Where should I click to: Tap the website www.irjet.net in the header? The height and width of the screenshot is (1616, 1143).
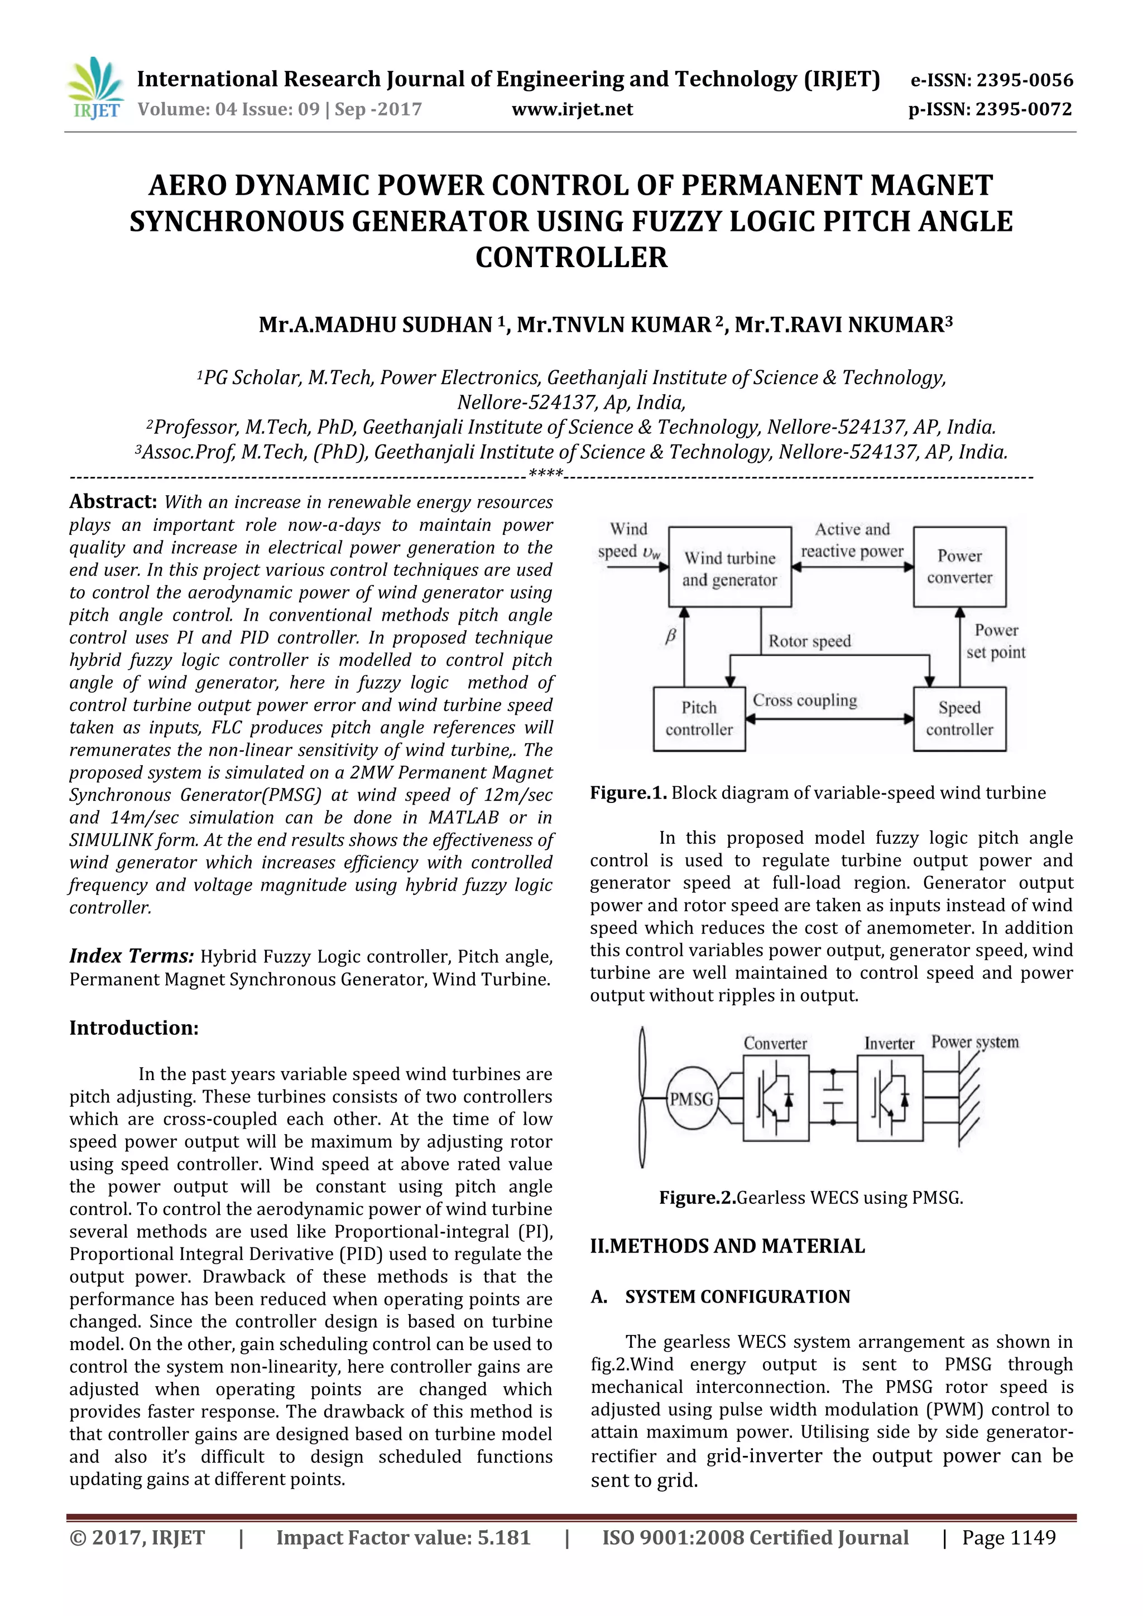pyautogui.click(x=572, y=109)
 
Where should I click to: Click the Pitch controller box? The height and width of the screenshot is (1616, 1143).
pyautogui.click(x=699, y=719)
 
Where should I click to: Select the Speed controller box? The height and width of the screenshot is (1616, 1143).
pyautogui.click(x=959, y=719)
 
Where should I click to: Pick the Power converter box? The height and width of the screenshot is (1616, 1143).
pyautogui.click(x=959, y=567)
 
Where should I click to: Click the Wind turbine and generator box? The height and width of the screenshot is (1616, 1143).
pyautogui.click(x=729, y=567)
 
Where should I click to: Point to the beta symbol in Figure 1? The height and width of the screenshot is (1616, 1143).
pyautogui.click(x=670, y=636)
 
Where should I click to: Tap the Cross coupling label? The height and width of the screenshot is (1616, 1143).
pyautogui.click(x=805, y=700)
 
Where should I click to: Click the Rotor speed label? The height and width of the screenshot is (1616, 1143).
pyautogui.click(x=809, y=641)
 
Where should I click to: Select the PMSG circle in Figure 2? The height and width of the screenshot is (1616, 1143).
pyautogui.click(x=691, y=1100)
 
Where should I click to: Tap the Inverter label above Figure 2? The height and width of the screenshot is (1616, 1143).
pyautogui.click(x=889, y=1044)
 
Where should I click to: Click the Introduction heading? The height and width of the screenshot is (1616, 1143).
pyautogui.click(x=134, y=1028)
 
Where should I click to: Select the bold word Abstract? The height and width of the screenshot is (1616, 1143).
pyautogui.click(x=113, y=502)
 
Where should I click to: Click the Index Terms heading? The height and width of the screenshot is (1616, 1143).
pyautogui.click(x=131, y=956)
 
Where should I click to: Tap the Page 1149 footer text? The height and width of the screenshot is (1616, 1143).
pyautogui.click(x=1008, y=1538)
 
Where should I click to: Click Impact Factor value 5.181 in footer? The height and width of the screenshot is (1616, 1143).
pyautogui.click(x=403, y=1538)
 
